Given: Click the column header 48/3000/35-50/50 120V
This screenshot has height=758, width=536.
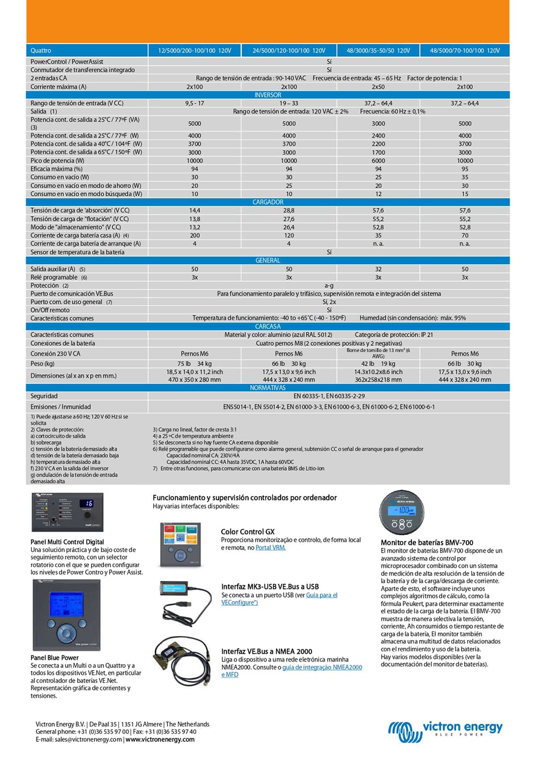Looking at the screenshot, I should pyautogui.click(x=378, y=50).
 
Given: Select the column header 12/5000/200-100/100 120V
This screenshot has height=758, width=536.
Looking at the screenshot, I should pyautogui.click(x=195, y=50).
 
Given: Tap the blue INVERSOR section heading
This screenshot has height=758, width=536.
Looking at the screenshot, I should pyautogui.click(x=267, y=95).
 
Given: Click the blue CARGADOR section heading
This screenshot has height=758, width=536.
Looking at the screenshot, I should pyautogui.click(x=267, y=202).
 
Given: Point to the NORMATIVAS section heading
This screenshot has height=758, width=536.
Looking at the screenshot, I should pyautogui.click(x=267, y=388).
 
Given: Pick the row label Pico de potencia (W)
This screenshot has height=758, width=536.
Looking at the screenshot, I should pyautogui.click(x=57, y=160).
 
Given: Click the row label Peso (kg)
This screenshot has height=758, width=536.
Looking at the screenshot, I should pyautogui.click(x=43, y=363).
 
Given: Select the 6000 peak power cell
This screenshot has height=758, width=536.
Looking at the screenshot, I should pyautogui.click(x=378, y=160).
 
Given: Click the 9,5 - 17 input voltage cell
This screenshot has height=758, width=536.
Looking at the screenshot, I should pyautogui.click(x=195, y=103).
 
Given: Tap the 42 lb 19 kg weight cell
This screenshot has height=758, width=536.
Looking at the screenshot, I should pyautogui.click(x=378, y=363).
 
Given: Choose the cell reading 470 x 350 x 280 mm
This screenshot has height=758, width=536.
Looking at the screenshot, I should pyautogui.click(x=195, y=380).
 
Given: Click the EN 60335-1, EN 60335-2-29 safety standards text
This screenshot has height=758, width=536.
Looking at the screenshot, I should pyautogui.click(x=329, y=396).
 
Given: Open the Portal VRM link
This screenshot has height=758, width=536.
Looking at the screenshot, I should pyautogui.click(x=270, y=548).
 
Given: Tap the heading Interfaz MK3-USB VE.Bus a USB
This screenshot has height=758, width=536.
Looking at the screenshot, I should pyautogui.click(x=270, y=586).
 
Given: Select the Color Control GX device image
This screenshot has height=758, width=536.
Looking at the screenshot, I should pyautogui.click(x=181, y=545).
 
